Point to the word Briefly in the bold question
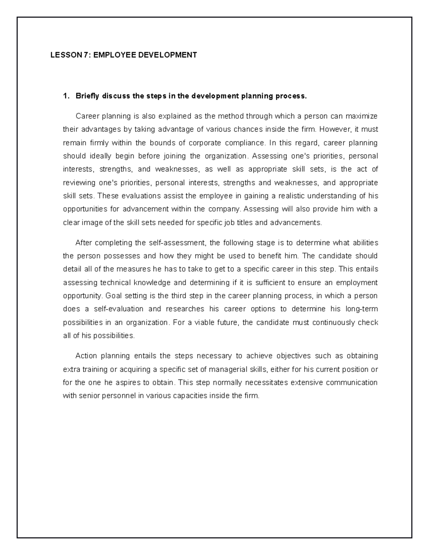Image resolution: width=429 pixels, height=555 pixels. coord(87,96)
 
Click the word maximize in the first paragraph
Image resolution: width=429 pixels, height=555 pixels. coord(363,116)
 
